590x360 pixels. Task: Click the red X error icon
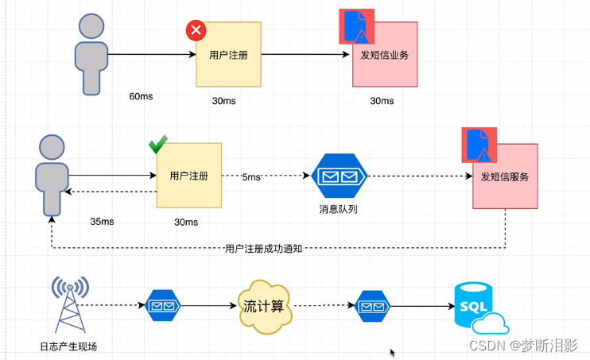click(196, 31)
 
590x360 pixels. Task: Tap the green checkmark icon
click(157, 145)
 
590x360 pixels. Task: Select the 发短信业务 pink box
click(384, 56)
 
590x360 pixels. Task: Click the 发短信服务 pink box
click(505, 176)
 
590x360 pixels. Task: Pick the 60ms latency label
click(141, 97)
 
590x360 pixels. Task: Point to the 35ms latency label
click(103, 222)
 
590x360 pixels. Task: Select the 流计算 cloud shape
click(262, 304)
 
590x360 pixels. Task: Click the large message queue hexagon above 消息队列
click(339, 176)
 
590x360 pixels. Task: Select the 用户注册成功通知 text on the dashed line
click(264, 249)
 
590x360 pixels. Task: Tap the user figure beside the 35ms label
click(52, 175)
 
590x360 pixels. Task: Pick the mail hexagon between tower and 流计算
click(164, 305)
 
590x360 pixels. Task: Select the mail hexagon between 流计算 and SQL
click(371, 305)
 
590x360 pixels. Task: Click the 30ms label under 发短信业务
click(382, 101)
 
